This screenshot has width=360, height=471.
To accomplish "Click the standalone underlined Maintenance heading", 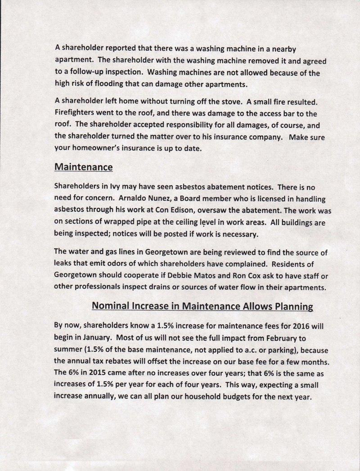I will tap(83, 167).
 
